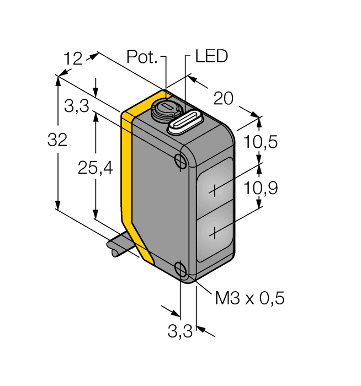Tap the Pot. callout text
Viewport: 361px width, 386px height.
(142, 57)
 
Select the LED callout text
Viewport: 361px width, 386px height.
(212, 57)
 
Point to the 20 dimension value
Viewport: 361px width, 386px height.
(224, 99)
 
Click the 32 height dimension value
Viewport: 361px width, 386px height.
(57, 141)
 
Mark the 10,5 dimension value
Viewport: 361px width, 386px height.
(261, 142)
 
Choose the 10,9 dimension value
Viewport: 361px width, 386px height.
(261, 189)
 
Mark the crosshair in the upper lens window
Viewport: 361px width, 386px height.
(215, 190)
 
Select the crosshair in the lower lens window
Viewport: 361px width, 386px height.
(215, 233)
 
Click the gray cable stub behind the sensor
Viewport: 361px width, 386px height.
(119, 246)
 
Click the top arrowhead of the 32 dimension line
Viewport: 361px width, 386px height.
(57, 78)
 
